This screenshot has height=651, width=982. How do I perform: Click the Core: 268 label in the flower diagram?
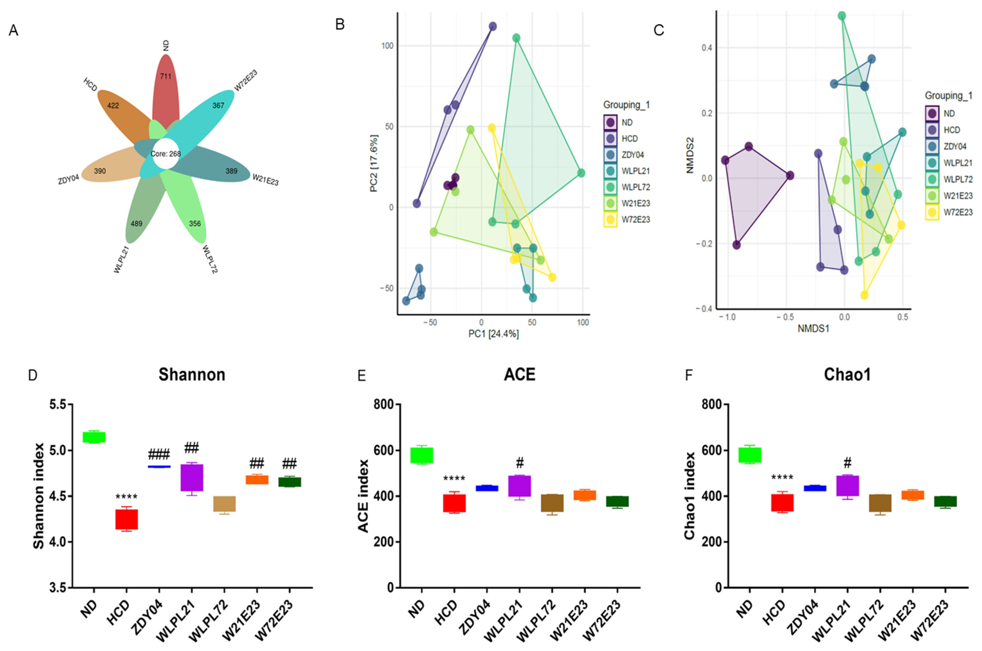click(x=166, y=154)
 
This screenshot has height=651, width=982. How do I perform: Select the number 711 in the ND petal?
click(x=166, y=76)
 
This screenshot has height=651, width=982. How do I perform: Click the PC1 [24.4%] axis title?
click(x=493, y=334)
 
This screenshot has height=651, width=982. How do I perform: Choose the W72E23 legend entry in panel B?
click(x=635, y=220)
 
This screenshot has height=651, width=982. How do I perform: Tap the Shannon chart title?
click(x=192, y=375)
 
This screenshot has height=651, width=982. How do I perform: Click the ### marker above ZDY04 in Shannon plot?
click(x=159, y=455)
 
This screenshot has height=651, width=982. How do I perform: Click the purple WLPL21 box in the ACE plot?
click(x=520, y=486)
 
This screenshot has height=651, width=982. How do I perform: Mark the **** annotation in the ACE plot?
click(x=454, y=479)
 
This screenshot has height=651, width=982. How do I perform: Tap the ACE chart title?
click(x=519, y=375)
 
